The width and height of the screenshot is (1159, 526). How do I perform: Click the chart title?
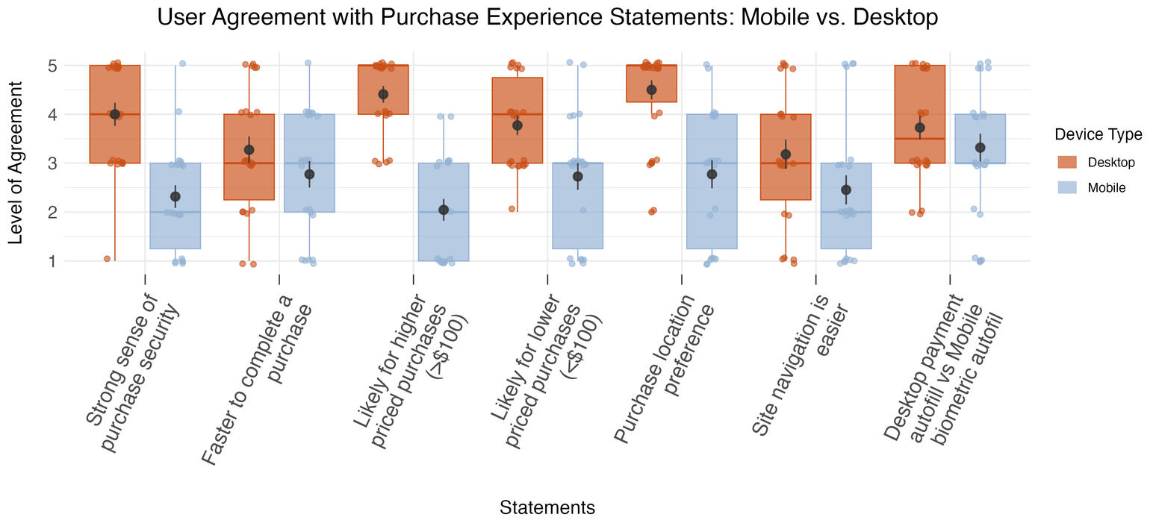click(547, 16)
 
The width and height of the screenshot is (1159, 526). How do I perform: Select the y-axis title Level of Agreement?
click(16, 163)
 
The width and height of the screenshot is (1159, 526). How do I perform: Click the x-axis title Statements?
click(547, 508)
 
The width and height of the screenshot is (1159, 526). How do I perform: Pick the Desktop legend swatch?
click(1067, 162)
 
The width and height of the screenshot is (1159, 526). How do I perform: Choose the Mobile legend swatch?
click(1067, 187)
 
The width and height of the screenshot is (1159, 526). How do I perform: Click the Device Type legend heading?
click(1098, 134)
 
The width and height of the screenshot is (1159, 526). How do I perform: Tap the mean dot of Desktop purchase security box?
click(115, 114)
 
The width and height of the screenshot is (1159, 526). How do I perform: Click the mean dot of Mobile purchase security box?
click(175, 196)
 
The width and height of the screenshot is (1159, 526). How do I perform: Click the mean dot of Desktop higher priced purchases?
click(383, 94)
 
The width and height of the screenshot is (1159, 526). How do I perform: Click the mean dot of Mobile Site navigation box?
click(846, 190)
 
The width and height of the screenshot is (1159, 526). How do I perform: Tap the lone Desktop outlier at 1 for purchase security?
click(107, 259)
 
